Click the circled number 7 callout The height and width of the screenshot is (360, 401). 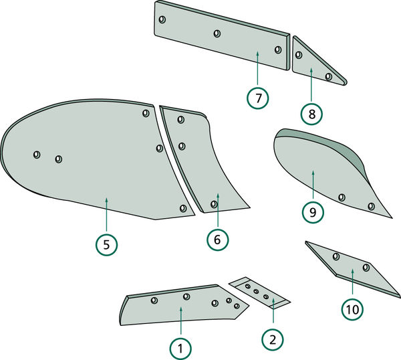[258, 98]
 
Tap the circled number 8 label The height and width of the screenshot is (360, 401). [311, 114]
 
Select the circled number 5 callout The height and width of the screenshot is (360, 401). [106, 244]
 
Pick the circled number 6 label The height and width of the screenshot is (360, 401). [217, 240]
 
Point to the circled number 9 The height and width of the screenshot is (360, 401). [313, 212]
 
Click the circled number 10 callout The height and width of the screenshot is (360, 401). [352, 309]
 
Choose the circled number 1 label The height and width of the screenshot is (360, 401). [180, 349]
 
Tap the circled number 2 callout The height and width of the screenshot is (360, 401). [273, 340]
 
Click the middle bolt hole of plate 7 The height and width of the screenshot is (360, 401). [217, 33]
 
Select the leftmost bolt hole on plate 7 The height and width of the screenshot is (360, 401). [162, 19]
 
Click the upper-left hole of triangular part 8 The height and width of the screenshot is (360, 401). [299, 55]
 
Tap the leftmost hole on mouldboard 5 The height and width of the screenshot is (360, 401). [37, 155]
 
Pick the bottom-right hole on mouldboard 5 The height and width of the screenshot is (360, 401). [183, 208]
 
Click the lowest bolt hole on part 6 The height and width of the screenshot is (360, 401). [214, 204]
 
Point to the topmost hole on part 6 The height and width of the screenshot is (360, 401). [181, 119]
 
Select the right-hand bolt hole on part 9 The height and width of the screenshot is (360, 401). [371, 206]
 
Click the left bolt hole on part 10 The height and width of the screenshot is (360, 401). [336, 256]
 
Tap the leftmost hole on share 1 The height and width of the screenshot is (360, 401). [154, 300]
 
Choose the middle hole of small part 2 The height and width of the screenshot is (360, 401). [256, 291]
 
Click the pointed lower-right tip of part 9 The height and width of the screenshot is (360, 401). [392, 218]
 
